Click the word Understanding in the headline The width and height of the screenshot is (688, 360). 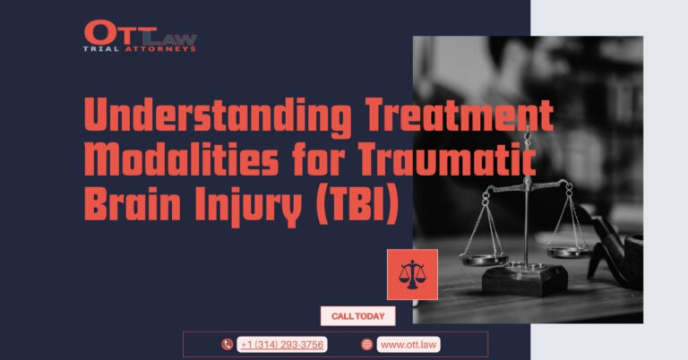(x=218, y=115)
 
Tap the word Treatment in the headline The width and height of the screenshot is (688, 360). (x=460, y=114)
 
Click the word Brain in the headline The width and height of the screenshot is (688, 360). (x=132, y=203)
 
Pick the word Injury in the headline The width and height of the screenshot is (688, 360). (x=248, y=206)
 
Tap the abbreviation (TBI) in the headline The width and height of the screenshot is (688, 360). (x=357, y=205)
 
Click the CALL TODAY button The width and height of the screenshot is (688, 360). (x=357, y=316)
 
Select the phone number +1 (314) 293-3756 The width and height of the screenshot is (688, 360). (x=281, y=345)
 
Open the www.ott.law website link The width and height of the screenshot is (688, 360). (x=408, y=345)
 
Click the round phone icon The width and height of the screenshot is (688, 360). (x=227, y=345)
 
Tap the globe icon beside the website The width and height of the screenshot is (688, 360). (x=366, y=345)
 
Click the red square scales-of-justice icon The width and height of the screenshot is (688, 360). (x=412, y=275)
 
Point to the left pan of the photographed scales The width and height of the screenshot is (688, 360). (x=484, y=259)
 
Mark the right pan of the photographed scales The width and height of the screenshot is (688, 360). (x=569, y=252)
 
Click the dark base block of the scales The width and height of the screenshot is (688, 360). (x=525, y=279)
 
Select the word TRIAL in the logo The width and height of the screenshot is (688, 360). (x=101, y=49)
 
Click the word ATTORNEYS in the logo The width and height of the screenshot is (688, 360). (x=160, y=49)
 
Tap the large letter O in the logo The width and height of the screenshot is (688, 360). (x=99, y=32)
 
